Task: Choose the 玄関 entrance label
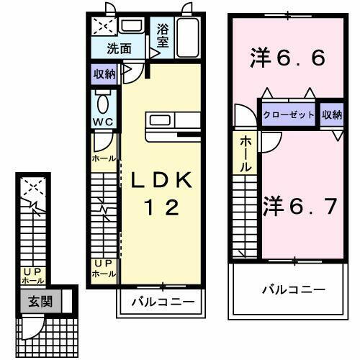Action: coord(40,302)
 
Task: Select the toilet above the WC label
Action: coord(101,99)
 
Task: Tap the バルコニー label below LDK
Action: coord(161,302)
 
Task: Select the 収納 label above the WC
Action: coord(104,73)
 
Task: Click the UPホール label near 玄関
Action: coord(32,275)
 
